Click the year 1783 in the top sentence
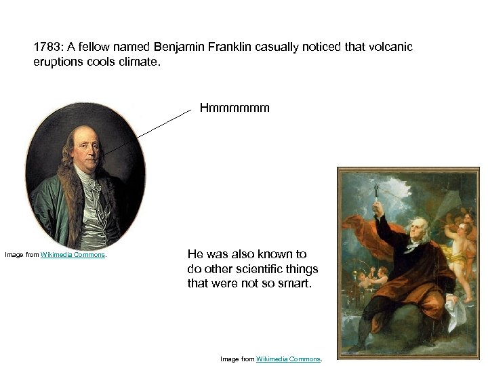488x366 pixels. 47,47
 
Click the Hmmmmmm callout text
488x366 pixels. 235,107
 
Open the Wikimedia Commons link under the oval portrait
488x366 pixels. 73,255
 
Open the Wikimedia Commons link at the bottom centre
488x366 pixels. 288,359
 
